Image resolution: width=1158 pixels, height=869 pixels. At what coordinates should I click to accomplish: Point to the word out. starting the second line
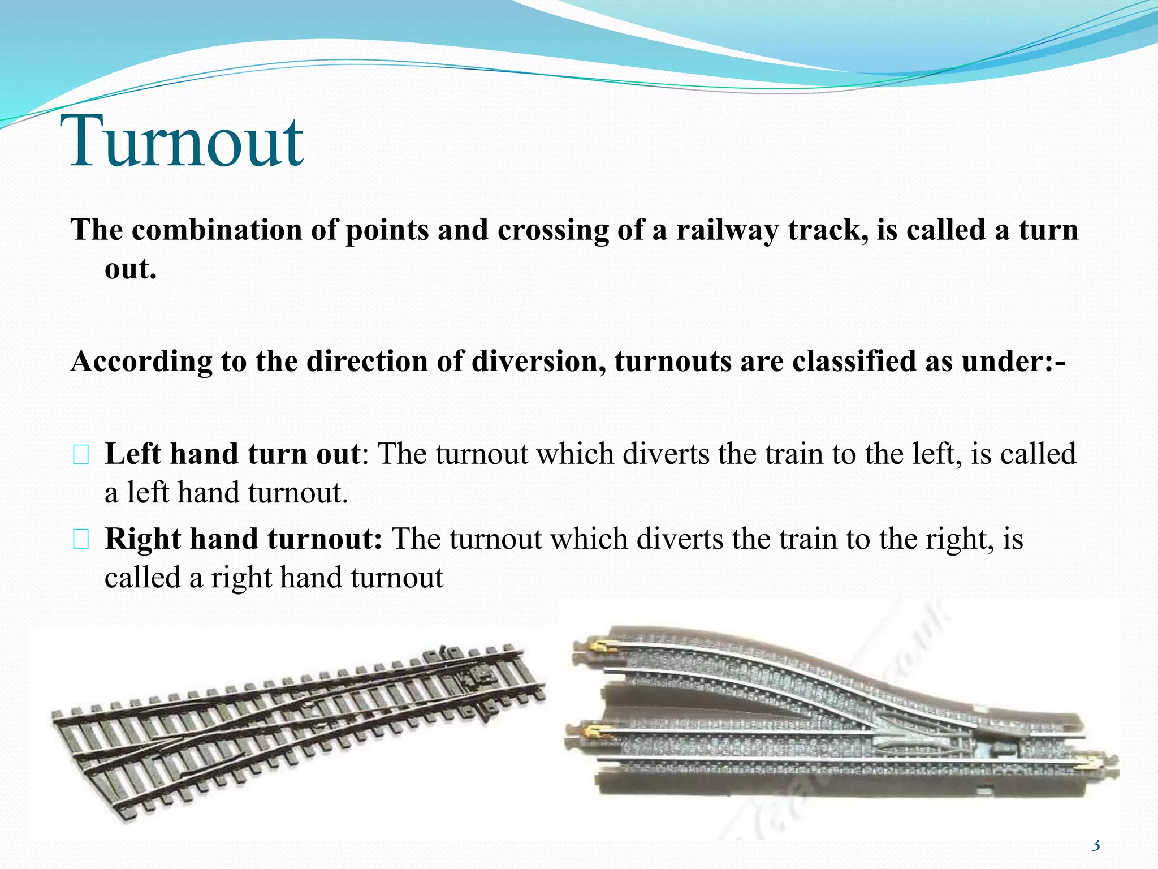pyautogui.click(x=130, y=269)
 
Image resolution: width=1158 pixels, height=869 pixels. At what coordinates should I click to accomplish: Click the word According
pyautogui.click(x=141, y=362)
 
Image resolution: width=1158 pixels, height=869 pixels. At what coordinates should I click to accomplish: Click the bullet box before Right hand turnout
pyautogui.click(x=81, y=540)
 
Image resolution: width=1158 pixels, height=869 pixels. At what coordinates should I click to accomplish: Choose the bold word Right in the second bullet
pyautogui.click(x=142, y=539)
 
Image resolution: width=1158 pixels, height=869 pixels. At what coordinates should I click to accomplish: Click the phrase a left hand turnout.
pyautogui.click(x=226, y=493)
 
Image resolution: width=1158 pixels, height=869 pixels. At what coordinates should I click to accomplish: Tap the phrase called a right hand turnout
pyautogui.click(x=274, y=578)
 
